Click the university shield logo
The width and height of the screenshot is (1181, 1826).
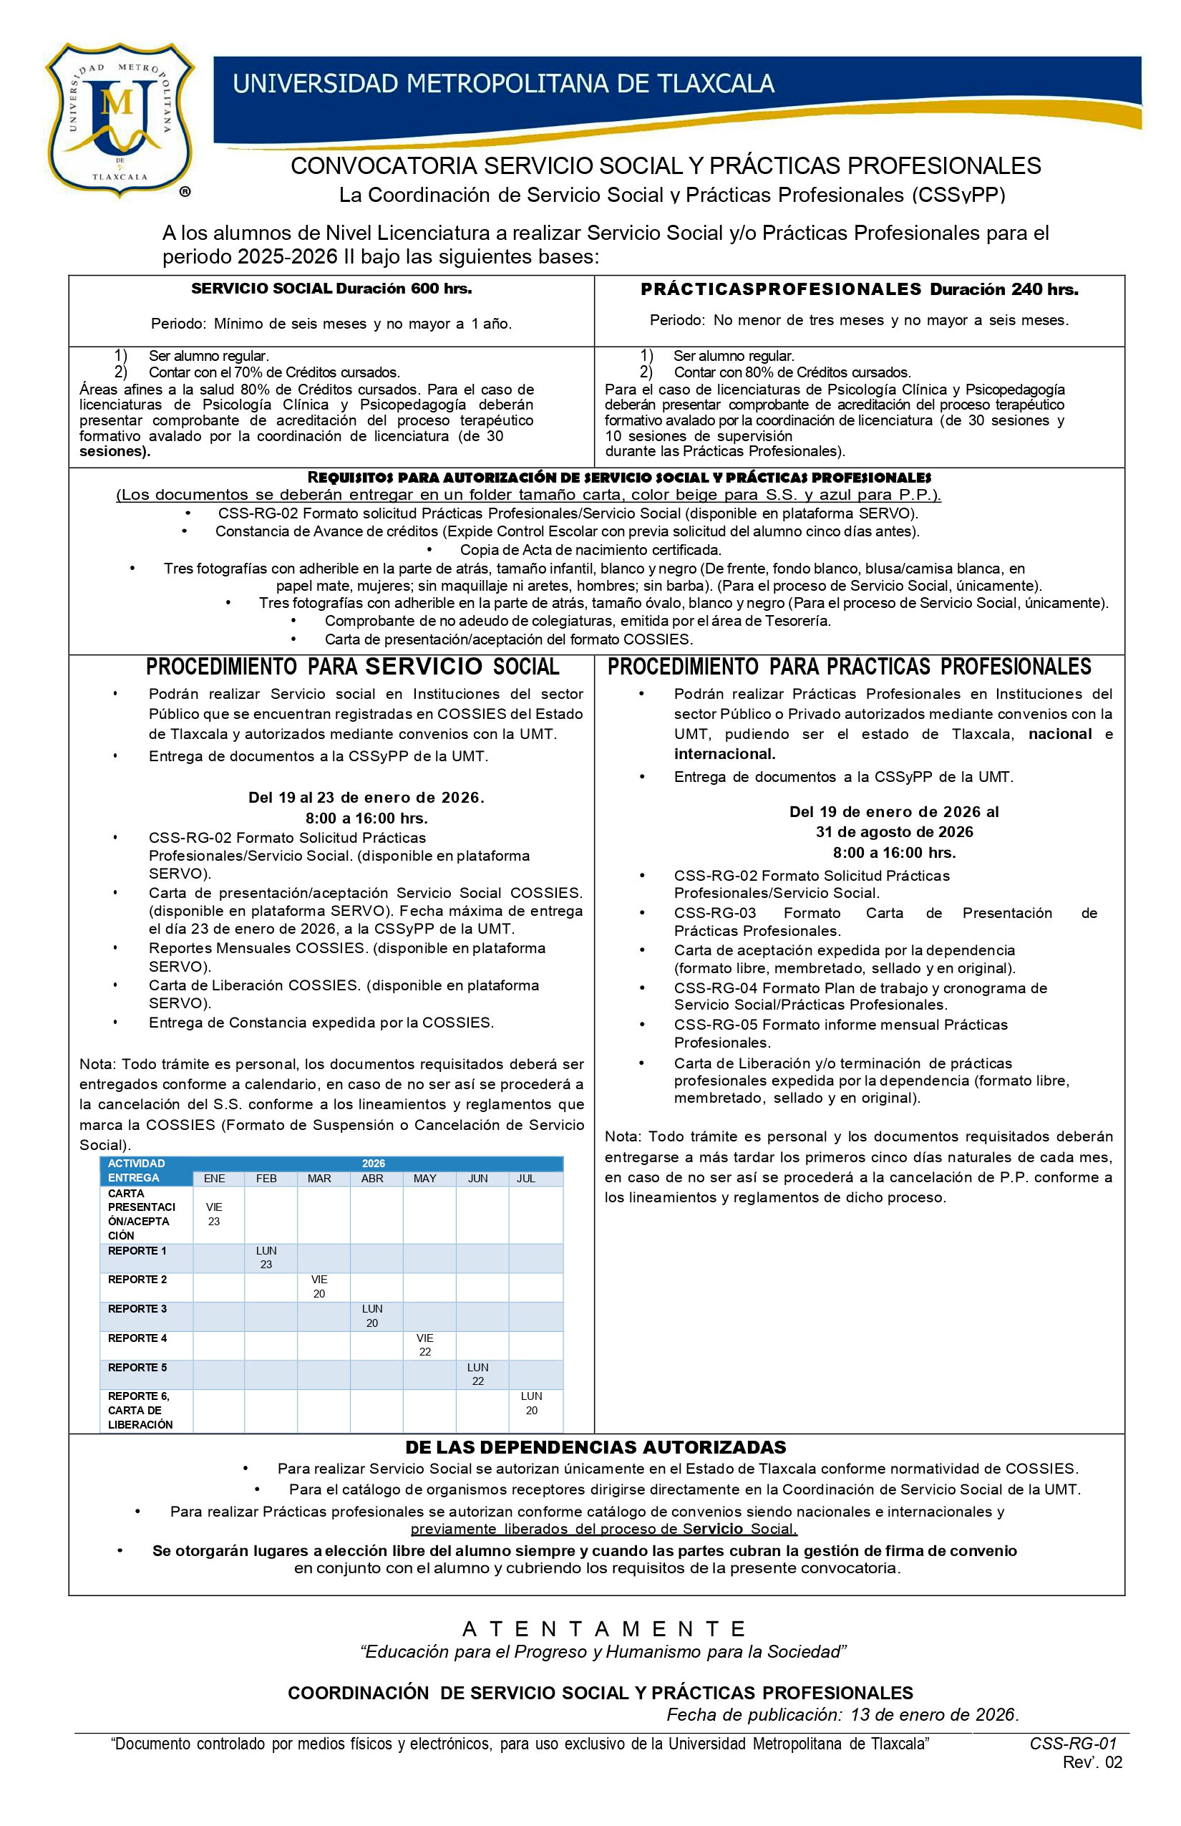tap(119, 119)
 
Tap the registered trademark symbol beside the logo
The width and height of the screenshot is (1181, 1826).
tap(185, 192)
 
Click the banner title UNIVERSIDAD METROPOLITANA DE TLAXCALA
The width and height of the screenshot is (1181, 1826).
tap(503, 83)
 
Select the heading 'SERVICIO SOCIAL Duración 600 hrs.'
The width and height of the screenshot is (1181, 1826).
tap(331, 289)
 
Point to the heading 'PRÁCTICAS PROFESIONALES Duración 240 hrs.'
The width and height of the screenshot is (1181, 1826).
tap(859, 290)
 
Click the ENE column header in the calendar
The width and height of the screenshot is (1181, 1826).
tap(214, 1179)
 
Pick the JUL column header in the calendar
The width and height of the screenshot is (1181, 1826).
tap(525, 1179)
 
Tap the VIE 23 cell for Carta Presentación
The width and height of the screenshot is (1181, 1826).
tap(214, 1214)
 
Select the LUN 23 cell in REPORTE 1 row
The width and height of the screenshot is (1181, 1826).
tap(266, 1258)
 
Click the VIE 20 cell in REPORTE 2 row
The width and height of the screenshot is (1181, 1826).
tap(319, 1287)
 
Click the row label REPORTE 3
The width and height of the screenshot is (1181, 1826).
tap(137, 1309)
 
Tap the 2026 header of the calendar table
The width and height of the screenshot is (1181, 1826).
tap(374, 1164)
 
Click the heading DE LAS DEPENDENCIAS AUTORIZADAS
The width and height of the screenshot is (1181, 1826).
tap(596, 1448)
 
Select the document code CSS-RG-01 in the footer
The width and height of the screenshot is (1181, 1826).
tap(1073, 1744)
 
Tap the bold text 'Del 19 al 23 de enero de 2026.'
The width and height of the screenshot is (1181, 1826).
tap(366, 798)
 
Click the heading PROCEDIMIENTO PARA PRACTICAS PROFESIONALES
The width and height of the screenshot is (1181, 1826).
tap(849, 667)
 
